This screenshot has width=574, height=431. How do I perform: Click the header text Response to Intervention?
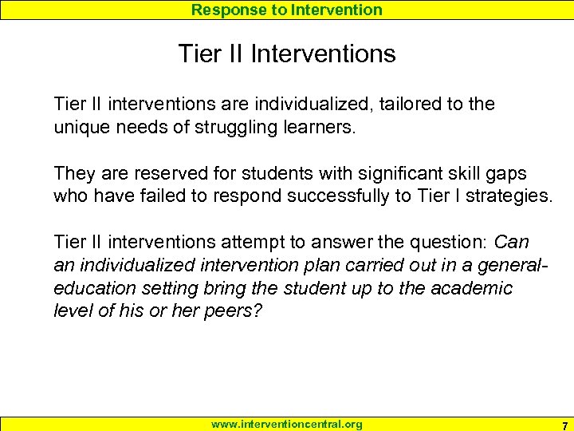point(286,10)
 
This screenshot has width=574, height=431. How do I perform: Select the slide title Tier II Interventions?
point(287,54)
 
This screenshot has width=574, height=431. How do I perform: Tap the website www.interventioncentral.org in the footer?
point(286,424)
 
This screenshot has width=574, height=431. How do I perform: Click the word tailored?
point(405,104)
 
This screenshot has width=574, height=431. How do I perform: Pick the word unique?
point(78,126)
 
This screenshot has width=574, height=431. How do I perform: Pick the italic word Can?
point(511,242)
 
